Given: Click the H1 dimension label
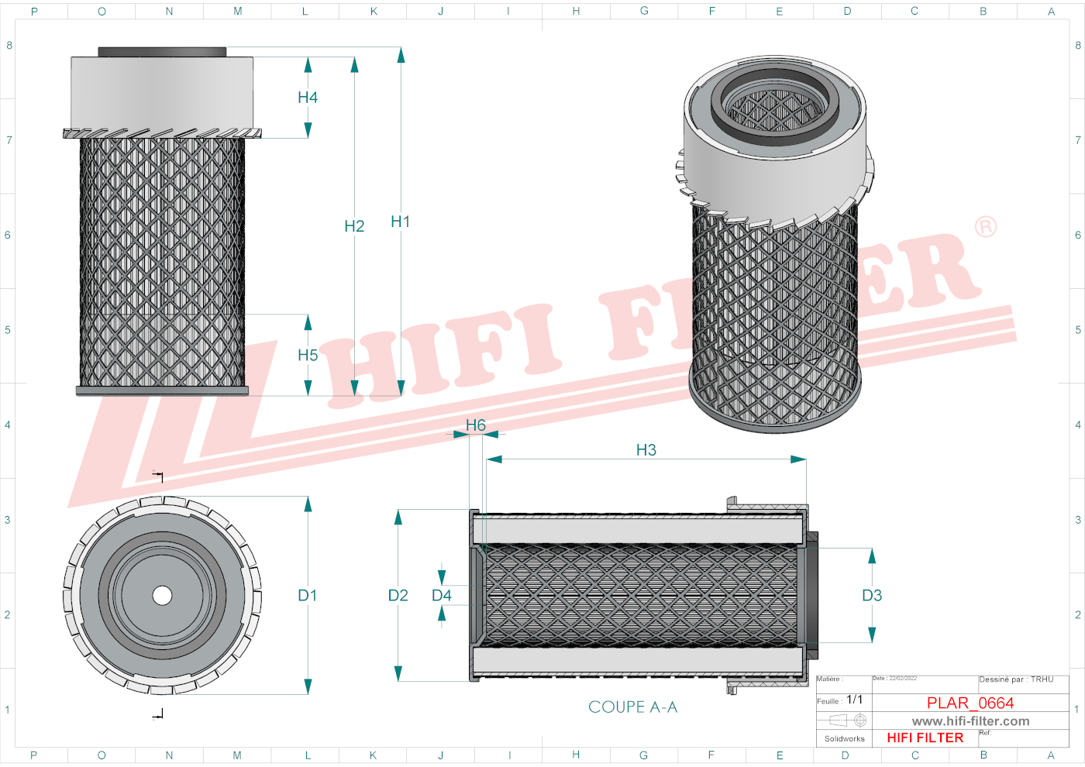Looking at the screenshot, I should (x=400, y=222).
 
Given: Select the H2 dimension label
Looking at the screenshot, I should (x=354, y=226).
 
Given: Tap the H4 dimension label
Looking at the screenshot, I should (x=308, y=98).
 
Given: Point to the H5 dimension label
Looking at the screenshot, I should (x=308, y=356).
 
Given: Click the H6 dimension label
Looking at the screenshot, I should (x=476, y=425).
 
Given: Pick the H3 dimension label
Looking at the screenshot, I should (x=646, y=450).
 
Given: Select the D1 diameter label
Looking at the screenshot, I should (x=308, y=596).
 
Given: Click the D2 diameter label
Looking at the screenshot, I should (x=398, y=596).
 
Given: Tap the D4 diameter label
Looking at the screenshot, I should (x=442, y=596).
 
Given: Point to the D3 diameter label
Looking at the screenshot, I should (x=872, y=596).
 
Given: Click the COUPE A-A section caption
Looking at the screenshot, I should (x=632, y=707).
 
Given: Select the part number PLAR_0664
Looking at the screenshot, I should (x=970, y=703).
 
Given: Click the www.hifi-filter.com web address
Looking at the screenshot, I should (x=970, y=721).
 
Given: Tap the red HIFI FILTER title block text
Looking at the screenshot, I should (x=925, y=738).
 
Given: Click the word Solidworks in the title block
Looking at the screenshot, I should (x=844, y=739).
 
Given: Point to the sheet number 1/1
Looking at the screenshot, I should (x=854, y=700).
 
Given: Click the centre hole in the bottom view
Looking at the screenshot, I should (x=162, y=595).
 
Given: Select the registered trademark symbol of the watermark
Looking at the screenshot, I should (x=985, y=227).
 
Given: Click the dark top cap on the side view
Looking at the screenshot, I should (x=162, y=52).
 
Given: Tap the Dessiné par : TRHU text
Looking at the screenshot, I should (x=1016, y=679).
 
